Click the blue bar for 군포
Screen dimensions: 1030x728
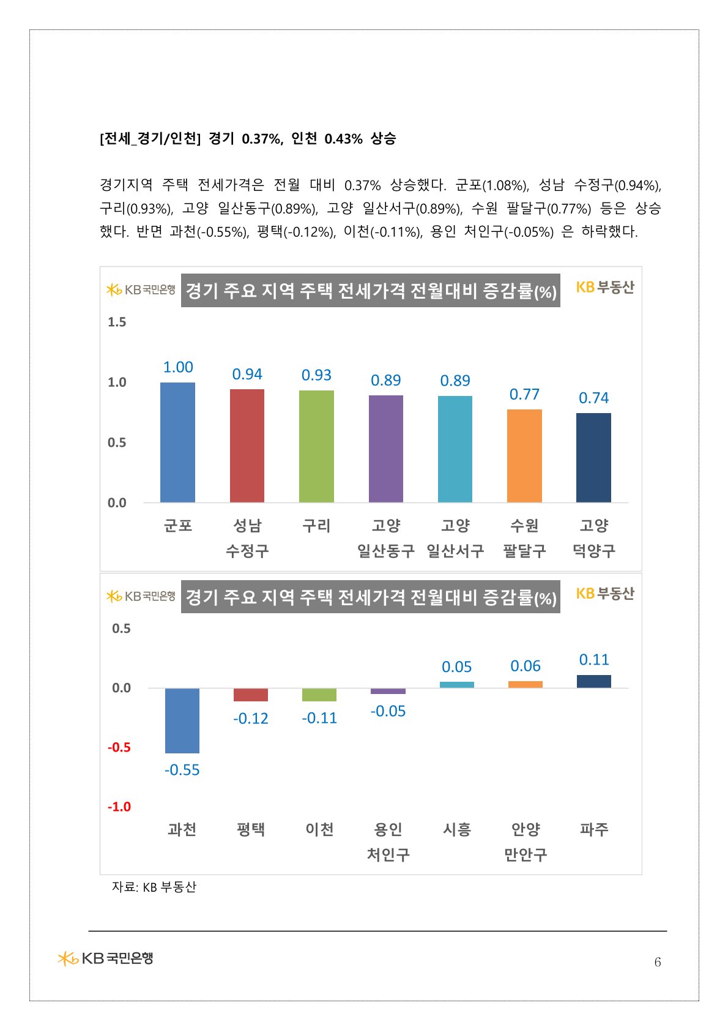pos(177,442)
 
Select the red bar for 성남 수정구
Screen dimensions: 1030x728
pos(247,446)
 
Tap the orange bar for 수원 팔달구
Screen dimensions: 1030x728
pos(524,456)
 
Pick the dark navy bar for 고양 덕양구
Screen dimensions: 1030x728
pos(593,458)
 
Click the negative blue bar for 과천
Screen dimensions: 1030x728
pos(182,720)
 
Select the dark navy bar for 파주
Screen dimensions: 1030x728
pos(594,681)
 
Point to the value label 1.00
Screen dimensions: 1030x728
pos(178,367)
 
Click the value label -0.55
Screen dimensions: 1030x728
pos(182,770)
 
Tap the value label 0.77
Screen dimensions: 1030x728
pos(524,395)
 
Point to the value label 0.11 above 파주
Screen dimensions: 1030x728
pos(594,660)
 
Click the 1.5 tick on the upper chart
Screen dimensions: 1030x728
pos(117,322)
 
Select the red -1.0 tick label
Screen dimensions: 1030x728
pos(119,807)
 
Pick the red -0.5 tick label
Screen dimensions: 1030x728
pos(119,747)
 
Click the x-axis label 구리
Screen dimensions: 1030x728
pos(316,526)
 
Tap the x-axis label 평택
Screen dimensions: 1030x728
pos(251,829)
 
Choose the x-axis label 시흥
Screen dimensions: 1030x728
pos(457,829)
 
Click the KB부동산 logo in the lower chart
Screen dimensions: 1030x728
pos(605,594)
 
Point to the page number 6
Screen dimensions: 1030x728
pos(658,962)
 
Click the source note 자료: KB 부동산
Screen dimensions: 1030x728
pos(154,887)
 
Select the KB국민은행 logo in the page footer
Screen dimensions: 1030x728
pos(105,958)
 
